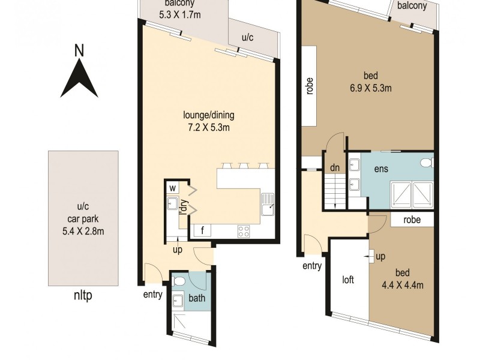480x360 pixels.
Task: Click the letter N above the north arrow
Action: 79,51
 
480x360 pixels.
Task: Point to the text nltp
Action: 83,295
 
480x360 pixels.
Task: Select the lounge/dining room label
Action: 209,115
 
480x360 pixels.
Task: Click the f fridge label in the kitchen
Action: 202,230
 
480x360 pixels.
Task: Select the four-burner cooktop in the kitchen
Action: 244,230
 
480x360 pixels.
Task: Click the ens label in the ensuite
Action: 381,170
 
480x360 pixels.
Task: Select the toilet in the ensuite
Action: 425,163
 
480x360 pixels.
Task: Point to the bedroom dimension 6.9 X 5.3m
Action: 371,88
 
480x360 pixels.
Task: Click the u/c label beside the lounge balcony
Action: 247,37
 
